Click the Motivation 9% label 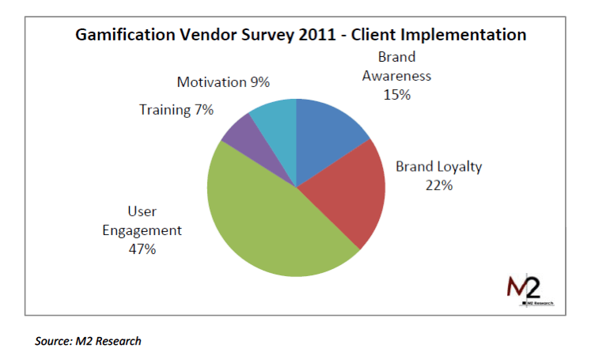(223, 82)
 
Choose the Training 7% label (176, 110)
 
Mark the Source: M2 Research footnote (88, 341)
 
